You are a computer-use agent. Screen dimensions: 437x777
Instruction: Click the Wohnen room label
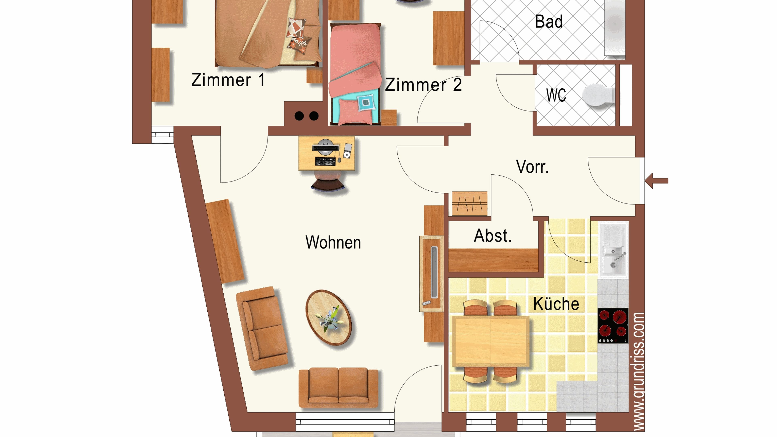[x=333, y=242]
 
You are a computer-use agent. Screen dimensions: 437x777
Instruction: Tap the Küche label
[x=556, y=304]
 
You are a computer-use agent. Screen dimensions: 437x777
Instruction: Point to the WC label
[x=556, y=95]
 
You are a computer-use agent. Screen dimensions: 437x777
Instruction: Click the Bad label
[x=549, y=22]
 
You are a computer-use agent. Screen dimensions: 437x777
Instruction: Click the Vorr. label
[x=532, y=167]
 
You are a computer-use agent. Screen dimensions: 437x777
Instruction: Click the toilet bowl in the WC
[x=598, y=95]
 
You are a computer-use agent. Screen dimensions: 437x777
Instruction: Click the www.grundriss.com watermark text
[x=639, y=371]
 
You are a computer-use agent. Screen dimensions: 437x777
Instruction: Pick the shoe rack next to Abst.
[x=469, y=204]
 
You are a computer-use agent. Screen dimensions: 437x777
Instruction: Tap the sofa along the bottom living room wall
[x=338, y=387]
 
